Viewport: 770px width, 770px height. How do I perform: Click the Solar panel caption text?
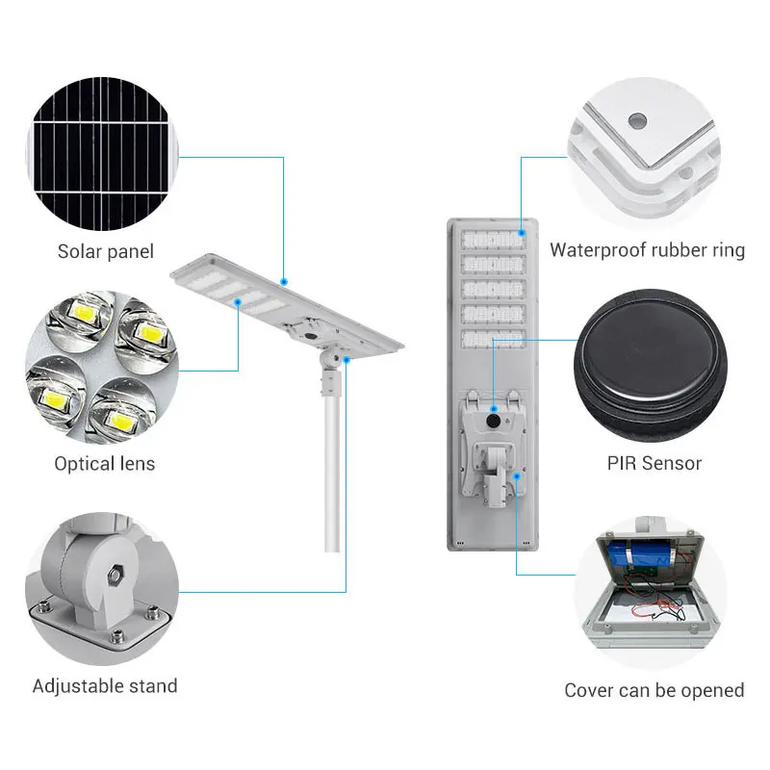click(x=105, y=252)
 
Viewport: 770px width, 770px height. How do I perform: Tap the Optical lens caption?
click(x=104, y=464)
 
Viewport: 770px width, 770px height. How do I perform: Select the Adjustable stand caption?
click(x=105, y=686)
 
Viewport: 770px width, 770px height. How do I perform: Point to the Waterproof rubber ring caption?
click(x=647, y=250)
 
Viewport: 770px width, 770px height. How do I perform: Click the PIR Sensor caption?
click(x=654, y=463)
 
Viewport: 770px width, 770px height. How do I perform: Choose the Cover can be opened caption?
click(x=654, y=690)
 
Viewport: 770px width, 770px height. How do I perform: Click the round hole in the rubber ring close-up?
click(x=636, y=122)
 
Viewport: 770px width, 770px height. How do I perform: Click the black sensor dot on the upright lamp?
click(x=492, y=421)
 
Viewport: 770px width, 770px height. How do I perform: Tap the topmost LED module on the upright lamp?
click(x=494, y=240)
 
